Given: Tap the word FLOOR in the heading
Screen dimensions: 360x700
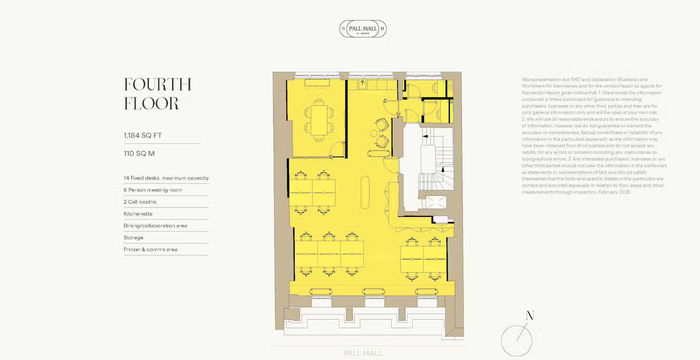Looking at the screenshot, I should tap(151, 102).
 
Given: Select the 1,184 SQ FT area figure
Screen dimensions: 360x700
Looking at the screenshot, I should tap(145, 133).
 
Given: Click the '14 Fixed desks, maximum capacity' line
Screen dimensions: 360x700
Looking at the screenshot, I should tap(165, 178).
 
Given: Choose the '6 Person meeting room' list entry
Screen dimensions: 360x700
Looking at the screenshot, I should tap(152, 189).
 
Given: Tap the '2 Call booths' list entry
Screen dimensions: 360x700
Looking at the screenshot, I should tap(140, 201).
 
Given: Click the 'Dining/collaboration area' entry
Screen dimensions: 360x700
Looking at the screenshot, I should tap(157, 225).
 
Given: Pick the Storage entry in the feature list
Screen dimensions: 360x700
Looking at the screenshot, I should tap(134, 237).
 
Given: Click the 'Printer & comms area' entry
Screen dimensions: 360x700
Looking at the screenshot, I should tap(150, 249).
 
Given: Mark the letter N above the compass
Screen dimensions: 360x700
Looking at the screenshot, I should tap(530, 315).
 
